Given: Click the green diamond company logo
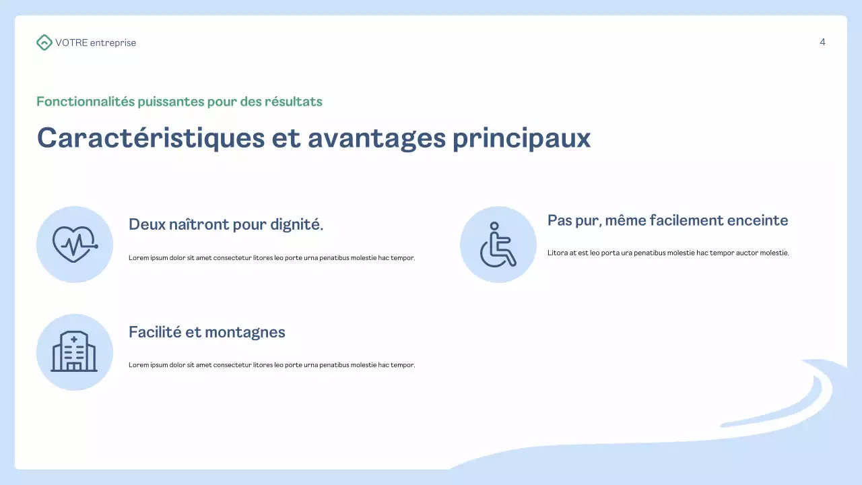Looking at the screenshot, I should [44, 42].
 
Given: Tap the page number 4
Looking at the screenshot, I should [822, 42].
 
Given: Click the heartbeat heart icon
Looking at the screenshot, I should [75, 244].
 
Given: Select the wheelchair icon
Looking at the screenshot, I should [498, 244].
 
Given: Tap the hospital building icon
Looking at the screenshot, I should [74, 352].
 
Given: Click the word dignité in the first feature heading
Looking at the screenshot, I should [297, 225].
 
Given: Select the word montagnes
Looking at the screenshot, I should [245, 332].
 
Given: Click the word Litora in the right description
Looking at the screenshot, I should [557, 253].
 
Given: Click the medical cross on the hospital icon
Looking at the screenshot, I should [74, 339].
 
